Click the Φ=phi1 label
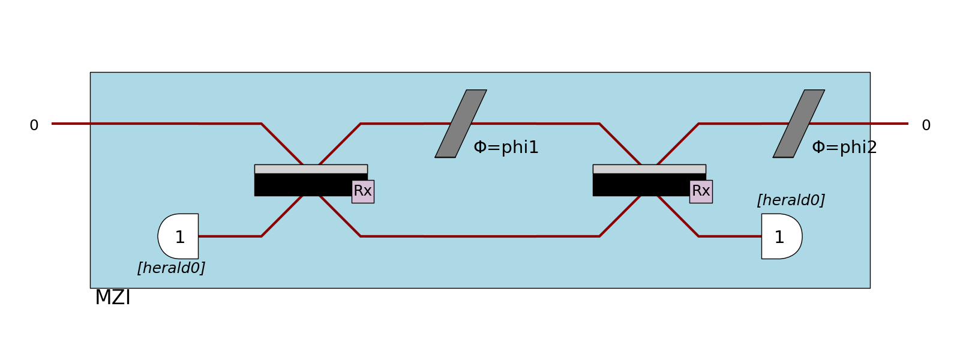(x=506, y=148)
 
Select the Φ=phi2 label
(x=844, y=148)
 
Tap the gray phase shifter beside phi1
(x=461, y=124)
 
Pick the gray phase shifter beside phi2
(x=799, y=124)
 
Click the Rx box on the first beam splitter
(x=362, y=191)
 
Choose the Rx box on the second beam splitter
(x=701, y=191)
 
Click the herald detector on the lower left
(x=179, y=236)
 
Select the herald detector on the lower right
(x=781, y=236)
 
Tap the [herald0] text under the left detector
(x=171, y=268)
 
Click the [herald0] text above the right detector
(x=791, y=200)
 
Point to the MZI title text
(x=113, y=298)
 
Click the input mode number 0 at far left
(x=34, y=125)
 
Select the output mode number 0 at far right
(x=926, y=125)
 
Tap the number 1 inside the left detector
(x=180, y=238)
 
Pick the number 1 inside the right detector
(x=779, y=238)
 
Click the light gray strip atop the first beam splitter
(x=311, y=169)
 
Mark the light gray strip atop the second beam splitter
(x=649, y=169)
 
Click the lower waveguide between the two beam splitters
(x=480, y=236)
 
